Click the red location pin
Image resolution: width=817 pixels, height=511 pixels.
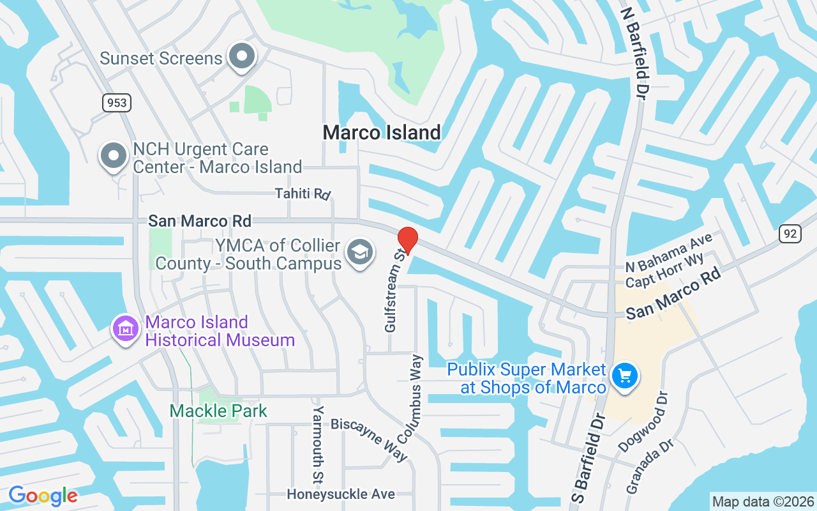click(407, 240)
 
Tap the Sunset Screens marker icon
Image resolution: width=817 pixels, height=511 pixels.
click(242, 57)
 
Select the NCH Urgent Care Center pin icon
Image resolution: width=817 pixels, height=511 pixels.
click(114, 155)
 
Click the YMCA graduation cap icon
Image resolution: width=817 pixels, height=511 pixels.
click(360, 253)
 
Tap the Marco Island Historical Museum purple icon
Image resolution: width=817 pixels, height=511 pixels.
click(126, 329)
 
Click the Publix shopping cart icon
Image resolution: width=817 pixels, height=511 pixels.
click(624, 376)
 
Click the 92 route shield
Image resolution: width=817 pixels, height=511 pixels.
click(790, 234)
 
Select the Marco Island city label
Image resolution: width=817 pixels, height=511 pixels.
click(382, 132)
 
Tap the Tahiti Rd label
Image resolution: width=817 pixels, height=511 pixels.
click(303, 193)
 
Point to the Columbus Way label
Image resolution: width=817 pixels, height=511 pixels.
click(410, 399)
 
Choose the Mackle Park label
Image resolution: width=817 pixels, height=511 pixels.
click(218, 411)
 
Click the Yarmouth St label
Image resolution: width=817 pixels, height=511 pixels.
click(318, 443)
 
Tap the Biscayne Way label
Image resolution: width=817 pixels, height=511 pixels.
click(370, 439)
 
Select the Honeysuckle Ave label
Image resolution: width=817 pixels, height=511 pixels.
click(341, 494)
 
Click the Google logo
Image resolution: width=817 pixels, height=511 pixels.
click(43, 496)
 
